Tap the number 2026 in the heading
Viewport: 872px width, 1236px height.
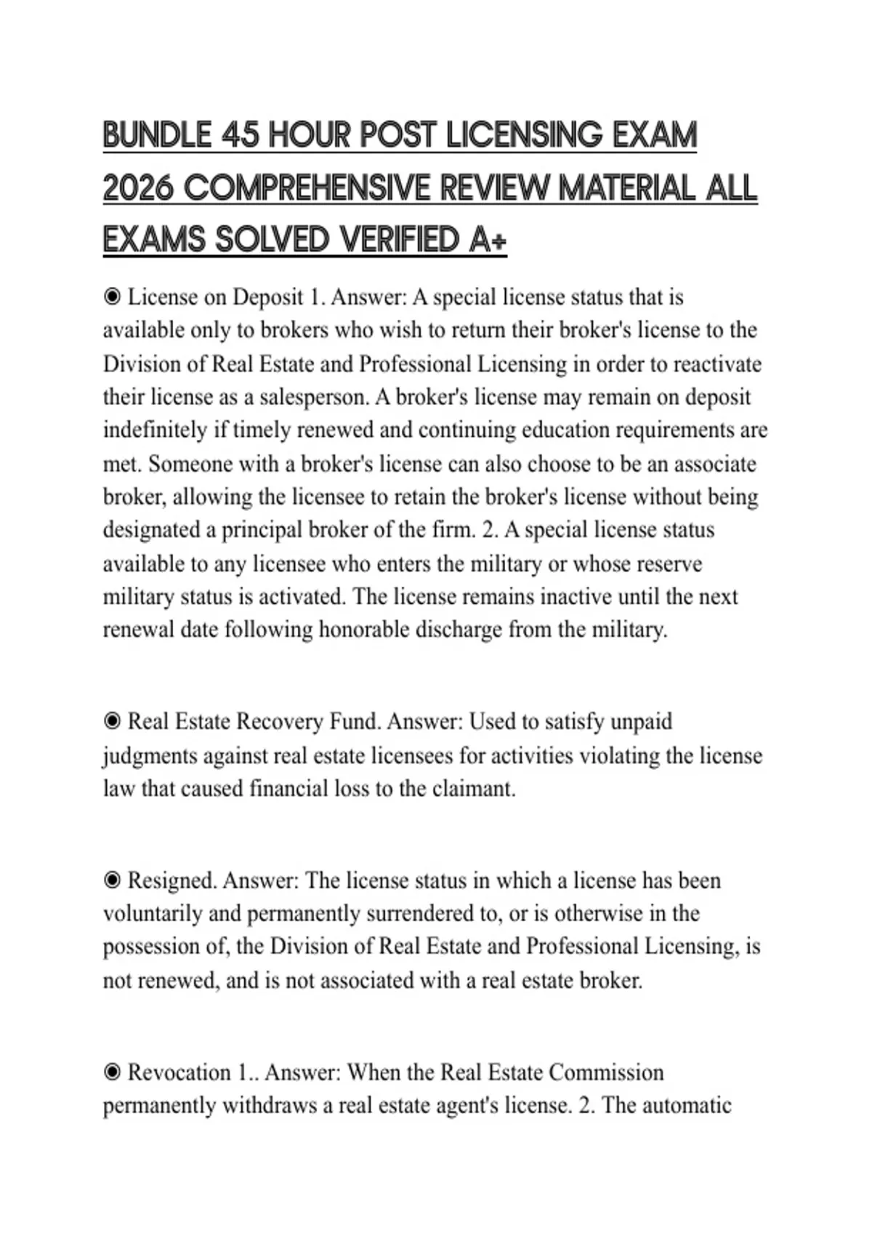point(138,188)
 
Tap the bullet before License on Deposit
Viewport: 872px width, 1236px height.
point(112,297)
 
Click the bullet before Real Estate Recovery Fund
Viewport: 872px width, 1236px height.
point(112,721)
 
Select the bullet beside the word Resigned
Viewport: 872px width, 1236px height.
point(112,880)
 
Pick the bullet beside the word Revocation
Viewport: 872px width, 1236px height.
point(112,1072)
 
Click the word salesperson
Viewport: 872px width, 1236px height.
point(313,397)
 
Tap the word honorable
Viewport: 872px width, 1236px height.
point(364,629)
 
